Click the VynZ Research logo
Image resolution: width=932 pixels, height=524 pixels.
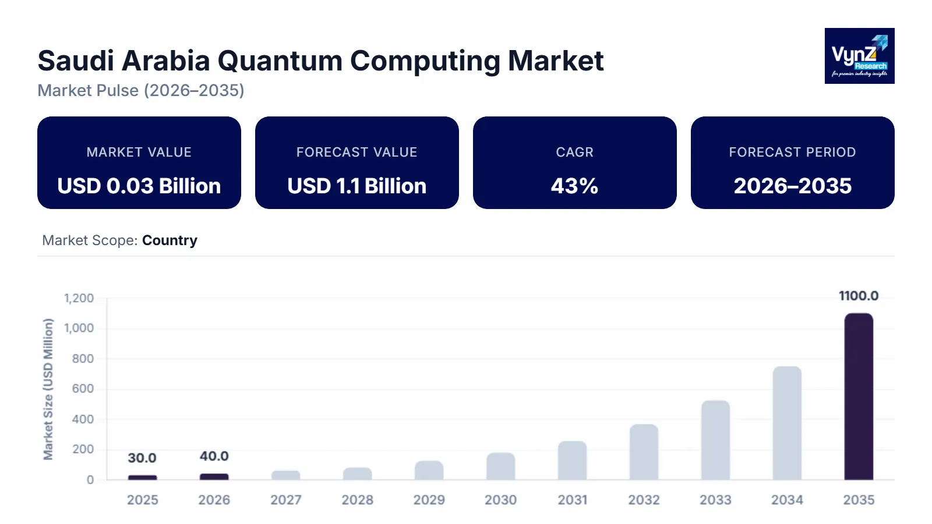point(859,56)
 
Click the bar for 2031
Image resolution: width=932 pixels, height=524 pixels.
point(572,460)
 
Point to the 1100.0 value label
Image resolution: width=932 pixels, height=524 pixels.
point(859,296)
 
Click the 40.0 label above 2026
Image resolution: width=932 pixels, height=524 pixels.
point(214,456)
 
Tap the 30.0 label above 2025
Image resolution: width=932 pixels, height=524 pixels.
point(142,458)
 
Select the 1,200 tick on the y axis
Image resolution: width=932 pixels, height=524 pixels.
point(79,298)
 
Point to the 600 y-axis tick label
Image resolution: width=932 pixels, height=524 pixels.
point(83,389)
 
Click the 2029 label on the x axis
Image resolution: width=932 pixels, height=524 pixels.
point(429,500)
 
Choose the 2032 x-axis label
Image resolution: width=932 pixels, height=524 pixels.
point(644,500)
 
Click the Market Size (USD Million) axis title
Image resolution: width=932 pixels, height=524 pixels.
point(48,389)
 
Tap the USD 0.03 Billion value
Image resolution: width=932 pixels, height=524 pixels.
point(139,186)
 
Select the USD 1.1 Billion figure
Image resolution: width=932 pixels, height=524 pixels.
point(356,186)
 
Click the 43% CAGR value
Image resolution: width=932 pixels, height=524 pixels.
point(574,186)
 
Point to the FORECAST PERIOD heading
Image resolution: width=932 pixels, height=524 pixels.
point(792,153)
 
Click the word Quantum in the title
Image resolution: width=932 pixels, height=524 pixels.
point(280,61)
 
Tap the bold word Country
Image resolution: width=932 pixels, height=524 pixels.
point(170,240)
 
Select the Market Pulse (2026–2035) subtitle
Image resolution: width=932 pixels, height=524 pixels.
point(141,91)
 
